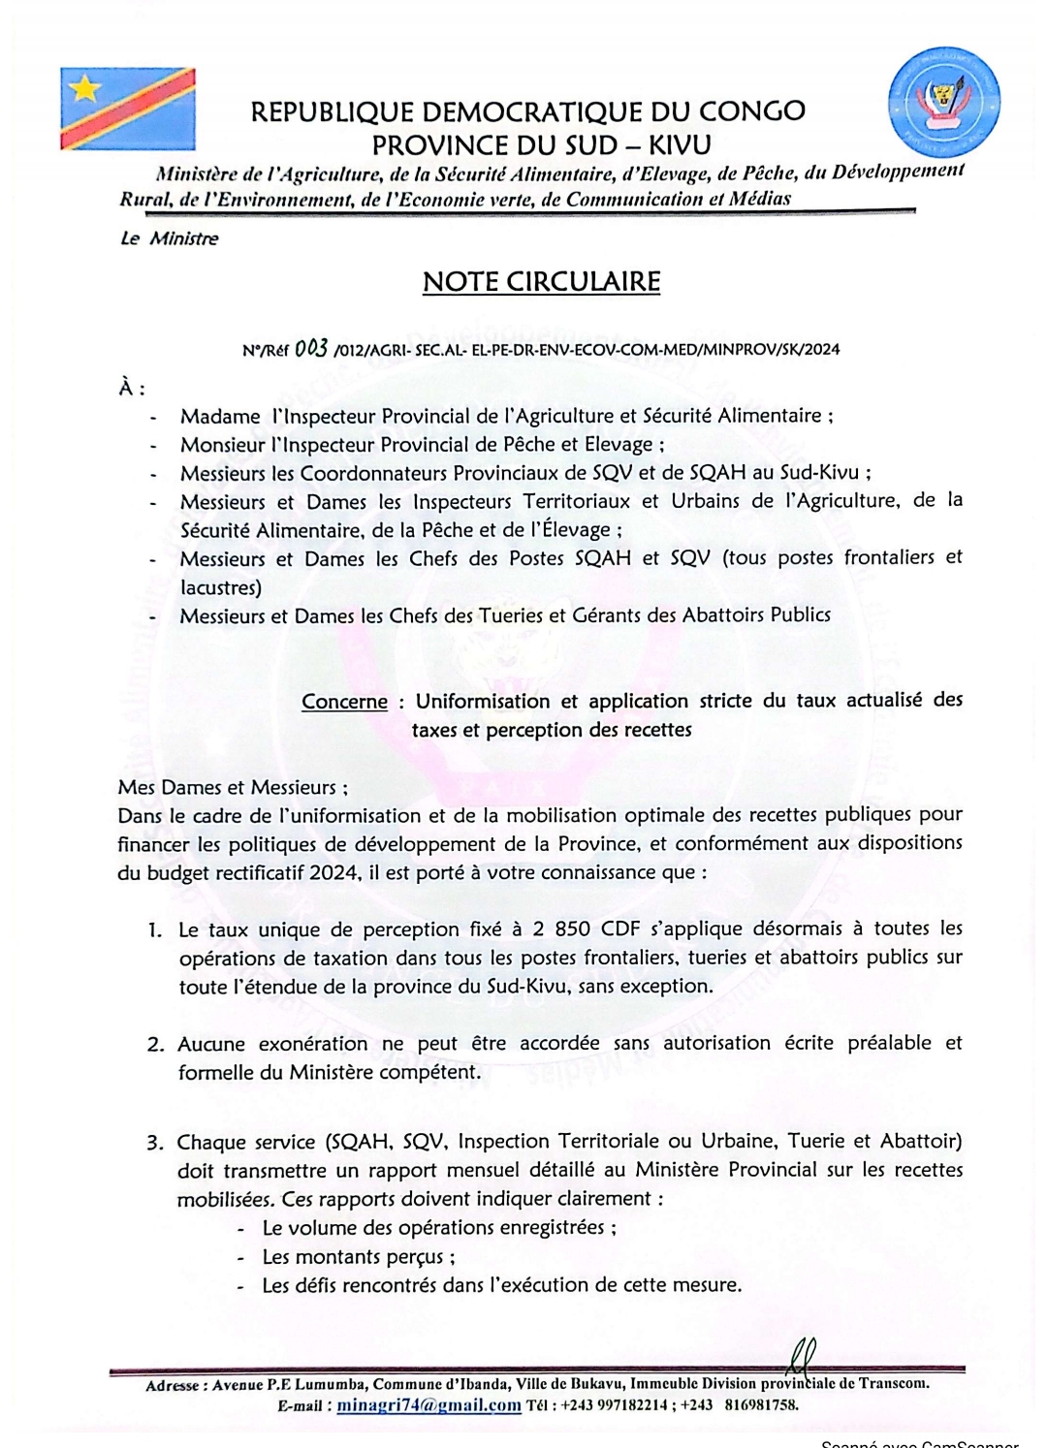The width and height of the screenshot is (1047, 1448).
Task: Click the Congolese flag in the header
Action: coord(127,109)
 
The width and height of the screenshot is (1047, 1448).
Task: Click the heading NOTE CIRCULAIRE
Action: coord(541,282)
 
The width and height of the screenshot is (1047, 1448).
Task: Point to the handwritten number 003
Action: coord(311,348)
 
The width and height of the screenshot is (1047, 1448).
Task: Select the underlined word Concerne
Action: coord(344,702)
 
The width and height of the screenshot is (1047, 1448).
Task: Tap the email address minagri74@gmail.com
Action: coord(428,1405)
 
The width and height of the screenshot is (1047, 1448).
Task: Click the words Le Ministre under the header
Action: coord(170,238)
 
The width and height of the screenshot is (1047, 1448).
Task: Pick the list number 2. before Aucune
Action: coord(156,1045)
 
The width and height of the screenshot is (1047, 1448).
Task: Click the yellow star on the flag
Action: coord(85,90)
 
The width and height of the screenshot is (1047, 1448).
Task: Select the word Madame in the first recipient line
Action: coord(220,417)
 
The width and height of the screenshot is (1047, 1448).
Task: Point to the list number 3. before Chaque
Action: coord(155,1143)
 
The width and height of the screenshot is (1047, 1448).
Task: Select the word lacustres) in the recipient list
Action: coord(221,587)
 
